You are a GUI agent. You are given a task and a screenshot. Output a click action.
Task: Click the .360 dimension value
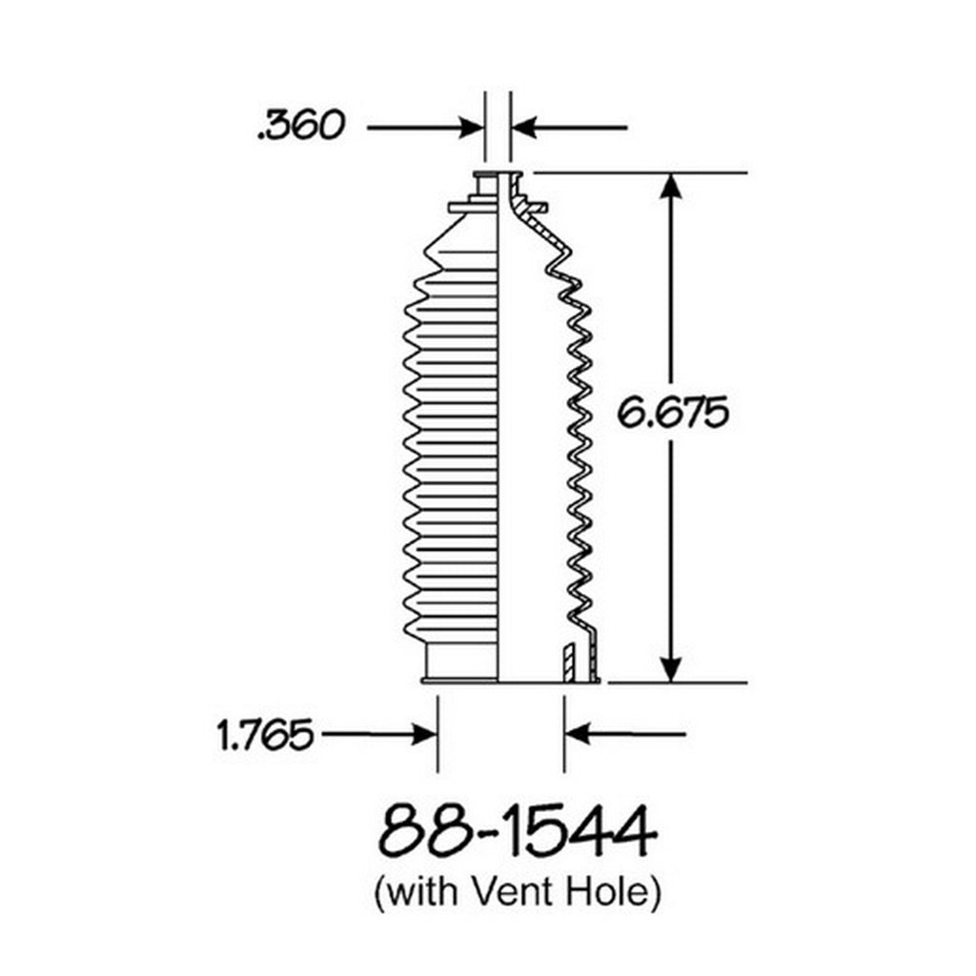pyautogui.click(x=300, y=125)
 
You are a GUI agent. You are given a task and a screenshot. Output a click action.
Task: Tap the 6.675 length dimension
pyautogui.click(x=672, y=412)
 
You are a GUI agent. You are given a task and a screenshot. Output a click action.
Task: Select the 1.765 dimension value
pyautogui.click(x=265, y=735)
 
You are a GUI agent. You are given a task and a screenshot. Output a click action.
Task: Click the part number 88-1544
pyautogui.click(x=518, y=831)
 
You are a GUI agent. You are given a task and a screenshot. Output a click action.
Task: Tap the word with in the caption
pyautogui.click(x=423, y=891)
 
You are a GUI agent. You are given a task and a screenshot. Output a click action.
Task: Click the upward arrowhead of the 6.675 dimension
pyautogui.click(x=670, y=186)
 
